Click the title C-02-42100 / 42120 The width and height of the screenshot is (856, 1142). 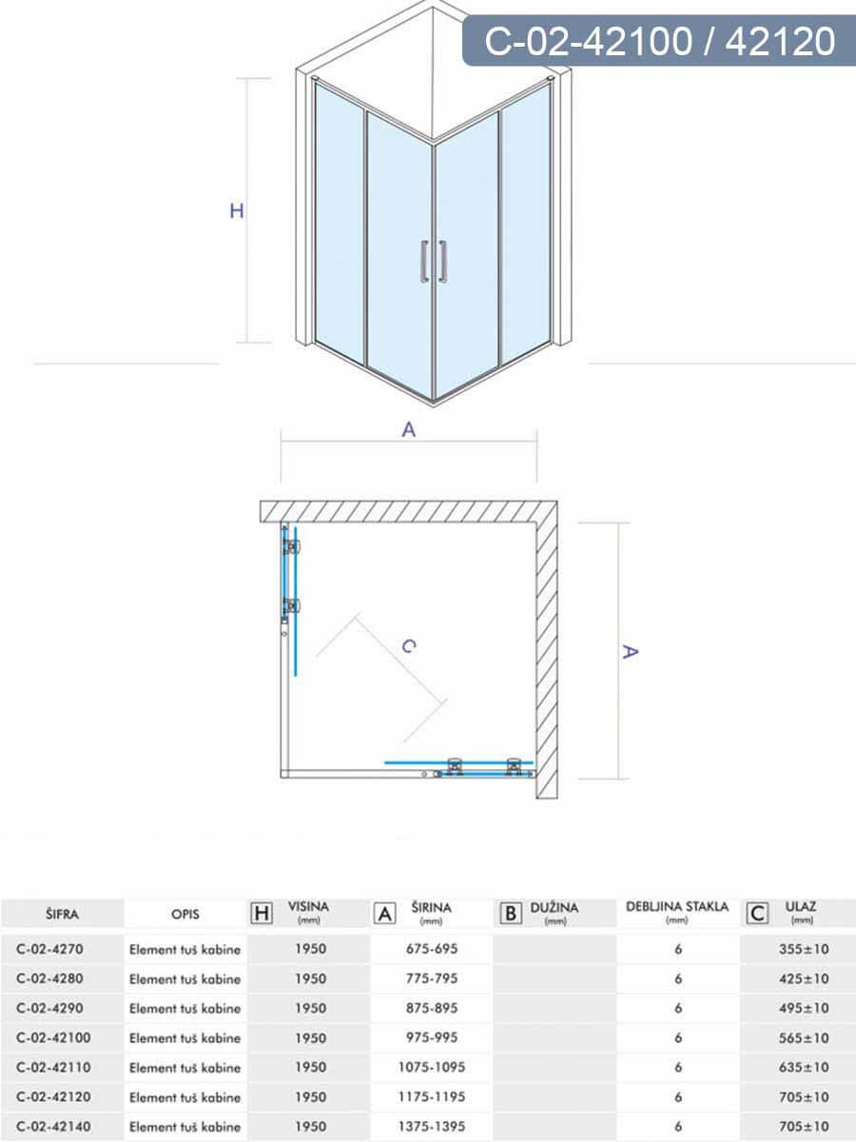(x=659, y=42)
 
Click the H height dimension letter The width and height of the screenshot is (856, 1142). (x=237, y=211)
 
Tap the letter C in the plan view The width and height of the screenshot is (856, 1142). (x=408, y=646)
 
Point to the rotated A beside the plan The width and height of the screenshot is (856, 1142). (x=629, y=652)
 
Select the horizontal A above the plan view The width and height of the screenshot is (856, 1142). (x=409, y=430)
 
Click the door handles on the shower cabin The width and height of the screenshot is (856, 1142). (x=434, y=262)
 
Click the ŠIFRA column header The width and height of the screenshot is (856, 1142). (x=62, y=915)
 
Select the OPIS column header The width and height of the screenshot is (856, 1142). (x=185, y=915)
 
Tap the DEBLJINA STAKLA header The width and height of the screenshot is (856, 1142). (x=677, y=907)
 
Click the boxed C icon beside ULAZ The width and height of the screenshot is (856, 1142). (x=757, y=914)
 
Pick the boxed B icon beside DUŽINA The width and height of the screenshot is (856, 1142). (x=511, y=914)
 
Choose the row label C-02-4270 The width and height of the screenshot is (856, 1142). (x=56, y=949)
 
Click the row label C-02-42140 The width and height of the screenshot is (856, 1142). (x=60, y=1127)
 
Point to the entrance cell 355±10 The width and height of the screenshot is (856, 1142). (x=802, y=949)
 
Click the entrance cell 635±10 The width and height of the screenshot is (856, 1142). (x=802, y=1068)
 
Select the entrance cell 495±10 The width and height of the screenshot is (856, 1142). (x=802, y=1008)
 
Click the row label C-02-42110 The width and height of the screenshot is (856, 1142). (x=60, y=1068)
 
